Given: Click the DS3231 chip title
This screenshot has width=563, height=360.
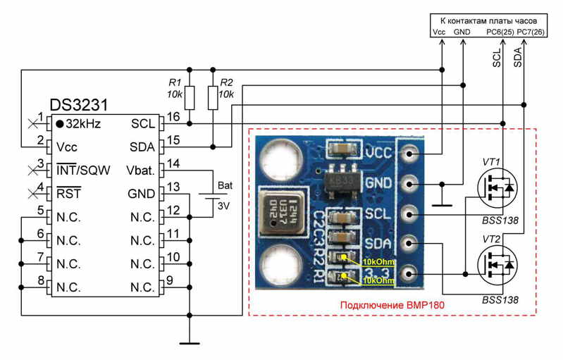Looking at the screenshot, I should point(78,106).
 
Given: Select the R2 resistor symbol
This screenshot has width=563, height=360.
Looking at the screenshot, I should point(212,97).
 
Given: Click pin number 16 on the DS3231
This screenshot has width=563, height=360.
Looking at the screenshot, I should point(173,116).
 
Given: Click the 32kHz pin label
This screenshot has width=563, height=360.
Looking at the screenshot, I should point(84,124).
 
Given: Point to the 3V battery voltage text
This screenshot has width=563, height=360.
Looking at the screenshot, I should point(223,206).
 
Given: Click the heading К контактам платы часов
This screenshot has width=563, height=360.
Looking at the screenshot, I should point(483,21).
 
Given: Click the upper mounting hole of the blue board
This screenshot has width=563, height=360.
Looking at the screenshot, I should point(285,153).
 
